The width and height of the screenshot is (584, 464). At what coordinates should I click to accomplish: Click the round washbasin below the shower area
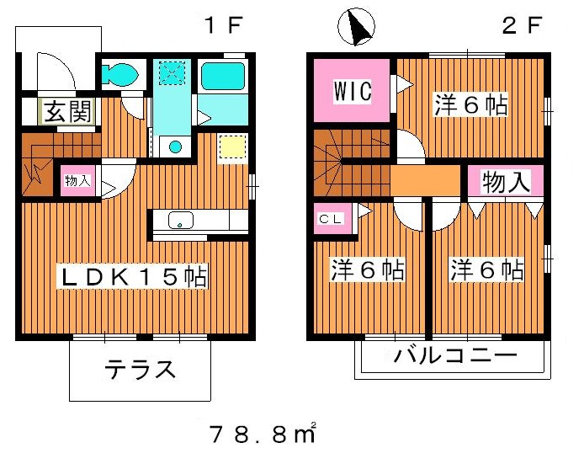pos(175,147)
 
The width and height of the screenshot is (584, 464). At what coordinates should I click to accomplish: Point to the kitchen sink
pos(181,221)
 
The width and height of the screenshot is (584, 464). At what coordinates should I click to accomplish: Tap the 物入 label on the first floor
pos(77,180)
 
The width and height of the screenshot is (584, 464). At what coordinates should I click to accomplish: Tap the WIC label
pos(351,90)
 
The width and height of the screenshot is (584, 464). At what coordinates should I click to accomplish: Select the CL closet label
pos(329,218)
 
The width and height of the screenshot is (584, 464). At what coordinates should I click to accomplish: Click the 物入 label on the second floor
pos(504,183)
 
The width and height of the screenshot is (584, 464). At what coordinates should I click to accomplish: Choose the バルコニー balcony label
pos(455,355)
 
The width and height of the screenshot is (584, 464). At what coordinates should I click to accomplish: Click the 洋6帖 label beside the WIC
pos(470,105)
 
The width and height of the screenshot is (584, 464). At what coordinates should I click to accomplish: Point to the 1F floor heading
pos(222,25)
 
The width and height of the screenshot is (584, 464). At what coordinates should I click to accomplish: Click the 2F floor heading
pos(521,25)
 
